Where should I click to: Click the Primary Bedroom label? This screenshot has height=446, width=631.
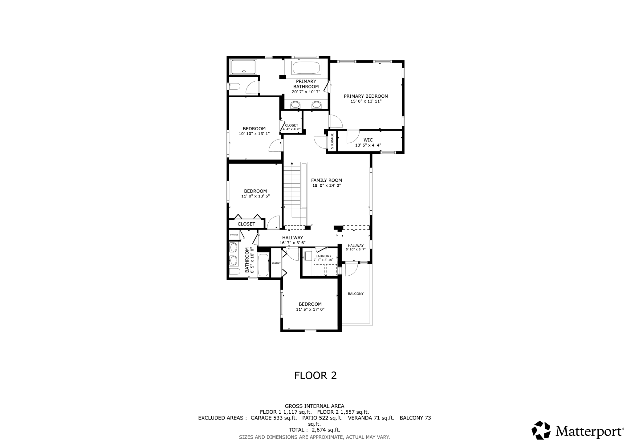coord(366,96)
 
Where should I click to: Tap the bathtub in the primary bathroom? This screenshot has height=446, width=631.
coord(307,67)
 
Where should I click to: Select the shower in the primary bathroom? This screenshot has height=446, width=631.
coord(243,67)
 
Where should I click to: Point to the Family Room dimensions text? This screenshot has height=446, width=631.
coord(327,186)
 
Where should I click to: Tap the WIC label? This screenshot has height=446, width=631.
coord(368,140)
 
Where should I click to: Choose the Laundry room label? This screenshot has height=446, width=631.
coord(324,256)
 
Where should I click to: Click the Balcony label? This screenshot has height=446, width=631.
coord(356,294)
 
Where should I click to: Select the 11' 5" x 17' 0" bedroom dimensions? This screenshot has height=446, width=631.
coord(310,310)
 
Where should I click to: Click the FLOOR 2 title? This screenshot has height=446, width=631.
coord(315,375)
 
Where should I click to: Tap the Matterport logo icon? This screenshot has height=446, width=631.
coord(541,430)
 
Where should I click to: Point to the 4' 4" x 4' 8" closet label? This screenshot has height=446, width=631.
coord(291,127)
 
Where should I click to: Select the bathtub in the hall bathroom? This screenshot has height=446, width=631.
coord(263,265)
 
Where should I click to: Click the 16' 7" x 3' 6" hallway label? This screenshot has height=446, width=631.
coord(293,240)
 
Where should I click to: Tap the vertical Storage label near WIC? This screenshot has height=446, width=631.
coord(332,141)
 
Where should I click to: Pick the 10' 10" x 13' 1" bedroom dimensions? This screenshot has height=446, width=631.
coord(254,134)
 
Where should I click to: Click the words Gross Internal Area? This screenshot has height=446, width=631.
coord(315,406)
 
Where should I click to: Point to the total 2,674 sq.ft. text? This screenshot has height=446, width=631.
coord(314,430)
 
